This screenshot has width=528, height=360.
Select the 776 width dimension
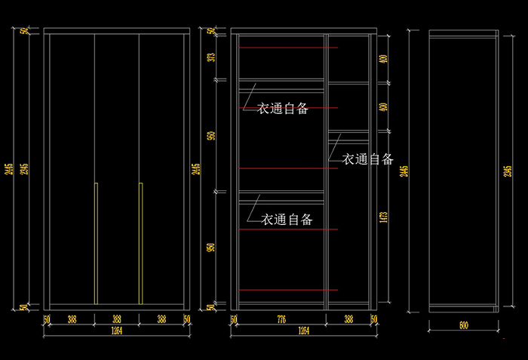coord(281,320)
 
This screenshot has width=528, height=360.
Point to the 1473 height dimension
coord(384,217)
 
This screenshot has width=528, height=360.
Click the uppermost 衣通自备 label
coord(283,109)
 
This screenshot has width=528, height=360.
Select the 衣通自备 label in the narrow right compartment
coord(368,159)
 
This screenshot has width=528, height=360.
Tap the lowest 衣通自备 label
coord(287,220)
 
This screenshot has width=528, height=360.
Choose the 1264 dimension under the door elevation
coord(116,331)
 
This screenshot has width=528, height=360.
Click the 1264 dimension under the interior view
coord(303,331)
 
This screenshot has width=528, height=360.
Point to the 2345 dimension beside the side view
coord(507,171)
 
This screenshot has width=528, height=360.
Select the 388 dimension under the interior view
coord(348,320)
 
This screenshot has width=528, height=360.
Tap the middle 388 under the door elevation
coord(117,320)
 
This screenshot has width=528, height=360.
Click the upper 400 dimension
coord(384,58)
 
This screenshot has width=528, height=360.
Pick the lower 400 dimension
coord(384,106)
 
